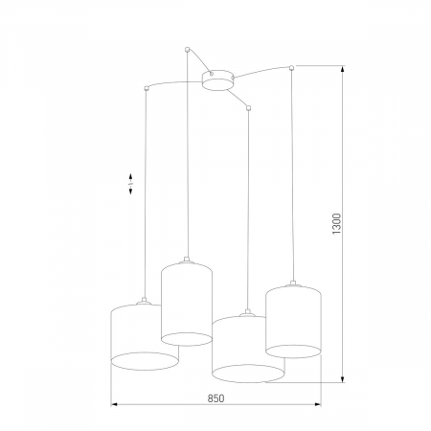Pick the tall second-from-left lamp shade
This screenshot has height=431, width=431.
[x=186, y=301]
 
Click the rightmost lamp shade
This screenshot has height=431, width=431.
[x=291, y=318]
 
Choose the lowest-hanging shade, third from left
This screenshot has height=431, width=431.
[x=247, y=346]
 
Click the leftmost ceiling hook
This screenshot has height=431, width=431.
[x=145, y=89]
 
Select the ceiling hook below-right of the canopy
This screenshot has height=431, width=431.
[x=248, y=109]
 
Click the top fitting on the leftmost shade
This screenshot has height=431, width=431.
[x=144, y=302]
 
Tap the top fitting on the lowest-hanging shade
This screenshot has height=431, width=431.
[x=248, y=311]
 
